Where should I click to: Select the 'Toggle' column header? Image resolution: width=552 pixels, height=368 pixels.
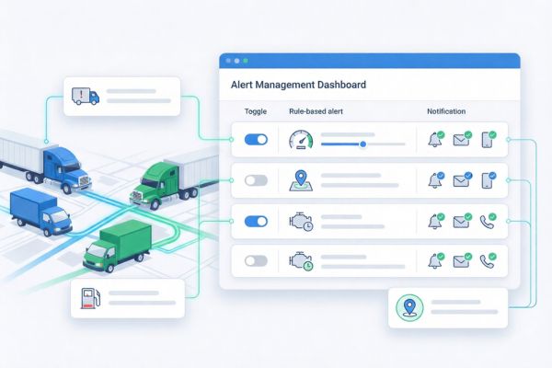(x=255, y=112)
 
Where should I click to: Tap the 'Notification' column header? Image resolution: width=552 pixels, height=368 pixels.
(x=446, y=112)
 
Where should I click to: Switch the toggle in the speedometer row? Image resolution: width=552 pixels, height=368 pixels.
(x=256, y=140)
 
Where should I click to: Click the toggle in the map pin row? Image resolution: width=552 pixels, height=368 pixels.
(x=256, y=180)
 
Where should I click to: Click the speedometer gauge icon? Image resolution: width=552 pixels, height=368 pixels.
(x=301, y=141)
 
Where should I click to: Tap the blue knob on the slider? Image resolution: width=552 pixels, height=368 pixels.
(x=363, y=144)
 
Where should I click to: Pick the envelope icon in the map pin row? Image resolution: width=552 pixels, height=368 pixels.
(x=461, y=180)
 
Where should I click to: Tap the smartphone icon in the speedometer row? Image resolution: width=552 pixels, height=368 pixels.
(x=489, y=141)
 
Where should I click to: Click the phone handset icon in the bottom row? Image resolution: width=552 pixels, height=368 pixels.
(x=489, y=260)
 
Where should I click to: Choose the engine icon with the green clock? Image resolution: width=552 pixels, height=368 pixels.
(x=300, y=260)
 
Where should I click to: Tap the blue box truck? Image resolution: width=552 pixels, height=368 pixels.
(x=41, y=213)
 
